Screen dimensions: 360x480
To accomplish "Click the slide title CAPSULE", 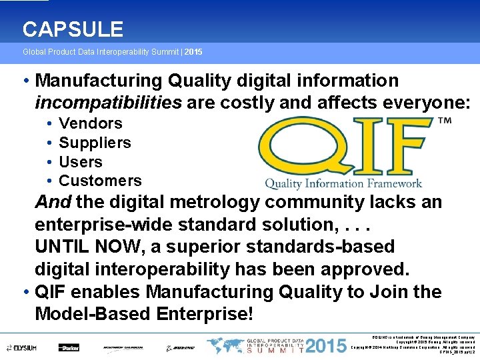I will pyautogui.click(x=73, y=29).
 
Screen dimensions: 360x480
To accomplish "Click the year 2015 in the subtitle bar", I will pyautogui.click(x=193, y=51).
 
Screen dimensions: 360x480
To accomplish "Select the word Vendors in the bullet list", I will pyautogui.click(x=91, y=123).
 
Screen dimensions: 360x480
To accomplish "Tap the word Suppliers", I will pyautogui.click(x=95, y=143).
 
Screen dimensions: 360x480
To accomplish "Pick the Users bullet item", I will pyautogui.click(x=81, y=162).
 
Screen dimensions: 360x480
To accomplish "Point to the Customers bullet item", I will pyautogui.click(x=100, y=181).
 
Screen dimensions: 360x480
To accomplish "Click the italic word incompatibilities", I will pyautogui.click(x=108, y=103).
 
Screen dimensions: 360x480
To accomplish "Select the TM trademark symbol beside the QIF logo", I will pyautogui.click(x=444, y=122).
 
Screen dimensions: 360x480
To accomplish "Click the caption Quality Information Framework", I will pyautogui.click(x=343, y=183).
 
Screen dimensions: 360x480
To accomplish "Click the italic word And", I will pyautogui.click(x=53, y=202).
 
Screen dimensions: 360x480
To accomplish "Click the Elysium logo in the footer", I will pyautogui.click(x=21, y=347).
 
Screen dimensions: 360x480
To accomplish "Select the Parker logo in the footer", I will pyautogui.click(x=68, y=347).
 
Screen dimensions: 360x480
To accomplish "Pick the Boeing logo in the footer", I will pyautogui.click(x=180, y=347).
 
